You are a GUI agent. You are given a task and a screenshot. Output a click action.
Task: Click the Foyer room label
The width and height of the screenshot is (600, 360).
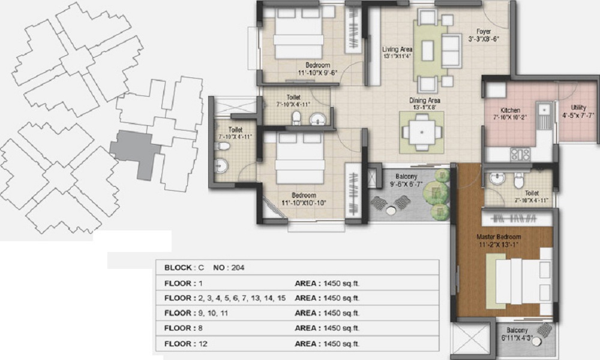tap(484, 31)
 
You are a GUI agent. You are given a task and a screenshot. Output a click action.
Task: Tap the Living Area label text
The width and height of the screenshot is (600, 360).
tap(397, 49)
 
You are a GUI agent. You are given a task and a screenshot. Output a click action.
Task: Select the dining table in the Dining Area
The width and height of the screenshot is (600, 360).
tap(422, 133)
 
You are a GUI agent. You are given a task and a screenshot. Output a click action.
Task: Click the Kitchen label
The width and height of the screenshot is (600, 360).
tap(510, 110)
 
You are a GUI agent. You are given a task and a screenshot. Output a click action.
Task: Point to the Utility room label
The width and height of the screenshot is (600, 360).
tap(578, 107)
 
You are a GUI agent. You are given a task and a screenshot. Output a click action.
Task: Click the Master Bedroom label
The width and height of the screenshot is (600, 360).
tap(499, 237)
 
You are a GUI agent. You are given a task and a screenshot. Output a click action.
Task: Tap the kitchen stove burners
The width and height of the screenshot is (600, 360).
tap(520, 155)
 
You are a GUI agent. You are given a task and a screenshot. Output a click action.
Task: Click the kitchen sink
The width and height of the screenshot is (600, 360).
tap(544, 110)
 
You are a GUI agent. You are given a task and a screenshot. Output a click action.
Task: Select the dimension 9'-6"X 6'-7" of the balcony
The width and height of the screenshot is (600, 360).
tap(406, 184)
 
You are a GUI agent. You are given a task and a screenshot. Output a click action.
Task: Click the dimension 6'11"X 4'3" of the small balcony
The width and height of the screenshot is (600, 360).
tap(517, 338)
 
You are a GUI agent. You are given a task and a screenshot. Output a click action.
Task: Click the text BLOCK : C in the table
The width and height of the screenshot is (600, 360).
tap(184, 268)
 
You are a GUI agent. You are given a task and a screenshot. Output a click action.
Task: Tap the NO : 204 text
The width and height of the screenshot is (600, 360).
tap(229, 268)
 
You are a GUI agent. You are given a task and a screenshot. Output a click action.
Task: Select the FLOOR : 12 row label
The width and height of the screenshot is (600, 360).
tap(185, 344)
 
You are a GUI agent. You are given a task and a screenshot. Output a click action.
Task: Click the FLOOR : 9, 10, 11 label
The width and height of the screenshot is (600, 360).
tap(196, 313)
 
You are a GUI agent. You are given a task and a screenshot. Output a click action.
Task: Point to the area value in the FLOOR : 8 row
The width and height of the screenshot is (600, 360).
tap(341, 328)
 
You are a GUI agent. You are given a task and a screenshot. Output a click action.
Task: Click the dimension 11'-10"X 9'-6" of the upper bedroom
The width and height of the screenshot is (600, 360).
tap(317, 73)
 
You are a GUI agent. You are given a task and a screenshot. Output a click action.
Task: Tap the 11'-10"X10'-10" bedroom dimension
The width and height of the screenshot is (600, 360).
tap(304, 203)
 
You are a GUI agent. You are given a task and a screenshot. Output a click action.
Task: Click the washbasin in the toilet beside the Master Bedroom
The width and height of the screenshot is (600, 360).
tap(497, 179)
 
